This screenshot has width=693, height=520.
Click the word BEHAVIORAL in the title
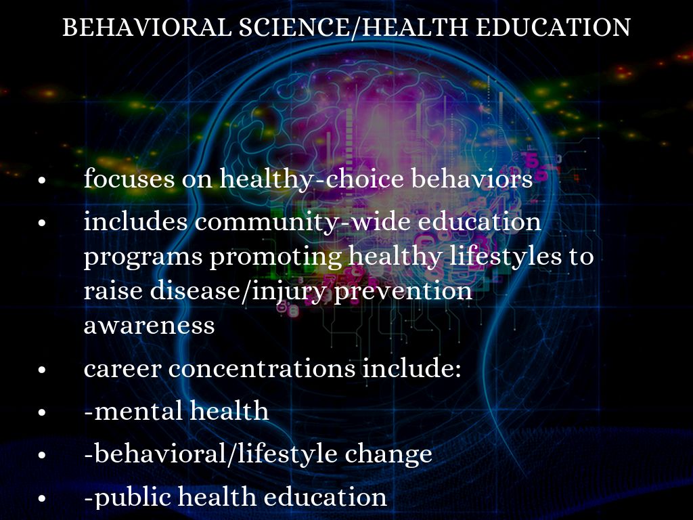point(147,27)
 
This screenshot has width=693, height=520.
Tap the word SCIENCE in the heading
point(294,27)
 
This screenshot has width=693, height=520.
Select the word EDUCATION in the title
point(553,27)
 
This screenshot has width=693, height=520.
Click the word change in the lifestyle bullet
point(388,454)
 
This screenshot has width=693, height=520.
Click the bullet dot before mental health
point(42,412)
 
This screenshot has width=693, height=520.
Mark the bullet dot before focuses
point(42,180)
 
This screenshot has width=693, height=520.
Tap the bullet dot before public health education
point(42,498)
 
